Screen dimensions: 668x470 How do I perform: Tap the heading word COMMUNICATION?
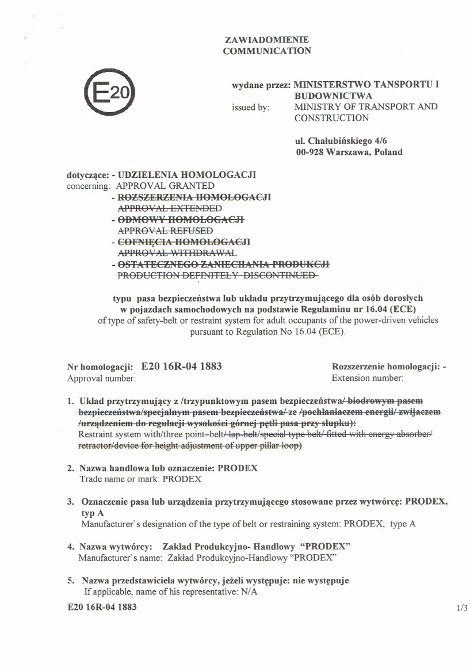pos(267,51)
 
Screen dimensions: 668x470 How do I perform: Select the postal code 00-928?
pos(308,152)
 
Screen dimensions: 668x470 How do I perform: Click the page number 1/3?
pos(461,608)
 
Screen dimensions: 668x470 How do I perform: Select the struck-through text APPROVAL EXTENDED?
pos(170,208)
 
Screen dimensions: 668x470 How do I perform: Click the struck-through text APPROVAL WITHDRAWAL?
pos(177,252)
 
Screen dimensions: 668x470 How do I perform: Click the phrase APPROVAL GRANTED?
pos(165,186)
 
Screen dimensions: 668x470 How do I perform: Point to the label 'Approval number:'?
pos(101,378)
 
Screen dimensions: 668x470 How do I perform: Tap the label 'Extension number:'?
pos(368,378)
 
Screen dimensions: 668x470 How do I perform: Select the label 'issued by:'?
pos(250,107)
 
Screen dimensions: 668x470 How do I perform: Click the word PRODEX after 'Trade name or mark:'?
pos(182,479)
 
